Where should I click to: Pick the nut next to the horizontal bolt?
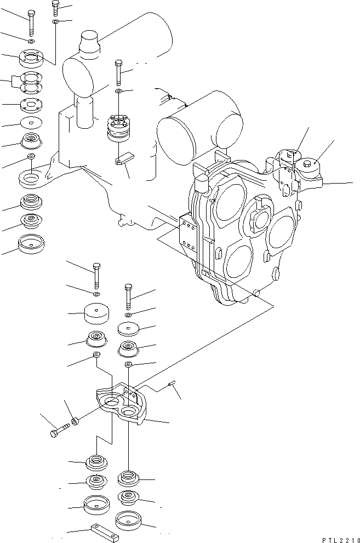(75, 421)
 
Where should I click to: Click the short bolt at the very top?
(56, 8)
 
